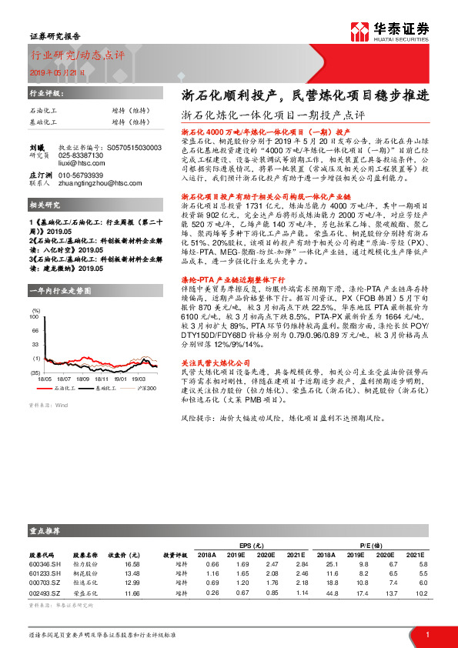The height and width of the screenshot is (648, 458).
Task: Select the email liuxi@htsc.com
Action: coord(81,163)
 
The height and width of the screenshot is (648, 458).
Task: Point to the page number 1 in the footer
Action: coord(427,633)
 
